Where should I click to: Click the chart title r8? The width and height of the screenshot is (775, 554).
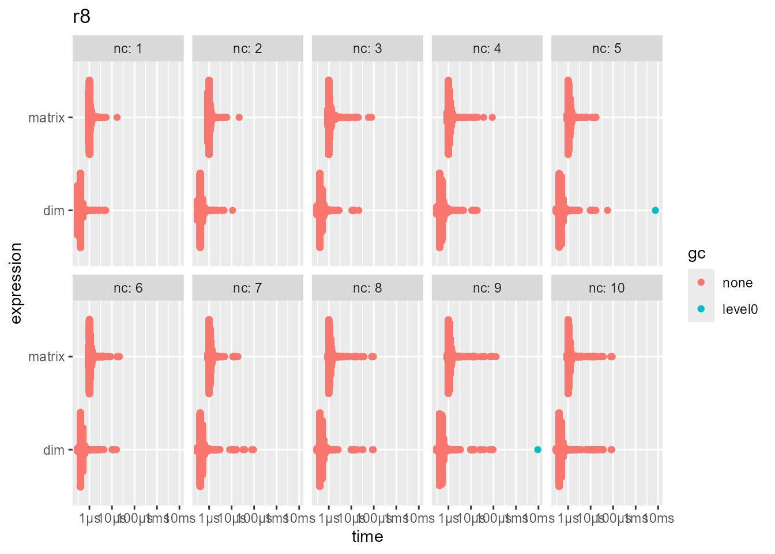tap(82, 17)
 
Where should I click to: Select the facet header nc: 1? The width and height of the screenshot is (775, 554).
tap(128, 48)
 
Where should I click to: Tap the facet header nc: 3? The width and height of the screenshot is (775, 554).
tap(367, 48)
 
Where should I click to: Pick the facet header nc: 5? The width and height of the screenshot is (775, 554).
tap(607, 48)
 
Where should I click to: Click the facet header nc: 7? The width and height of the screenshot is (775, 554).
tap(247, 288)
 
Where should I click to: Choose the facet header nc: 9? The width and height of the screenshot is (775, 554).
tap(487, 288)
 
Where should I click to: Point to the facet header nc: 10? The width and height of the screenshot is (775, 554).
tap(607, 288)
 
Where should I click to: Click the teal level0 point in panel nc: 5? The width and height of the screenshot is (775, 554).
tap(655, 210)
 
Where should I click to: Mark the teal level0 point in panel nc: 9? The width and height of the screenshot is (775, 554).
tap(537, 450)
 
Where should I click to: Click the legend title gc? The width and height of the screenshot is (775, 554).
tap(697, 254)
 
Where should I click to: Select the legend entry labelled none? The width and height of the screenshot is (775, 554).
tap(737, 283)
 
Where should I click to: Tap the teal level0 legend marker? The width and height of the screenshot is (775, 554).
tap(701, 309)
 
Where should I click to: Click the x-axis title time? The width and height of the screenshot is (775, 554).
tap(367, 537)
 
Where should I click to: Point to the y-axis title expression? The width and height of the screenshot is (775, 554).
tap(16, 283)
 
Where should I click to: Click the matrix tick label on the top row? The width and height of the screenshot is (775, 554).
tap(47, 118)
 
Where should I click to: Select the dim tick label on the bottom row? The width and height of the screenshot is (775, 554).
tap(54, 450)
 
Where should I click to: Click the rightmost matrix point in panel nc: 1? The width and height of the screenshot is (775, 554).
tap(117, 117)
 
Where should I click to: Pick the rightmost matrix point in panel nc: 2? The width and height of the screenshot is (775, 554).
tap(239, 117)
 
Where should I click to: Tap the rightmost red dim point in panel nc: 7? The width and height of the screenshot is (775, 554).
tap(253, 450)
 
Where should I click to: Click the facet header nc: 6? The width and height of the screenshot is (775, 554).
tap(128, 288)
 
